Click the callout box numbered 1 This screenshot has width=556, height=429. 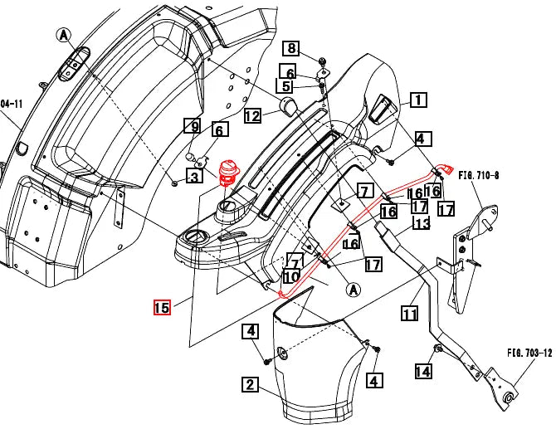click(417, 100)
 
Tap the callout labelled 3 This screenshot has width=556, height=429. click(193, 176)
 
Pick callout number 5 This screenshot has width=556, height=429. click(286, 85)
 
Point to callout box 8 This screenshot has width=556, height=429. click(292, 48)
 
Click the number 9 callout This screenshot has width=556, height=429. click(192, 127)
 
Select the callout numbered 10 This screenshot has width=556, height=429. click(290, 275)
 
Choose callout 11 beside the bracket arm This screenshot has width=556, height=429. click(409, 314)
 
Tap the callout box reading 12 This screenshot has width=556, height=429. click(252, 115)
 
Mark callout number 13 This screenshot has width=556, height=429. click(422, 224)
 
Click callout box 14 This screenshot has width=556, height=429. click(423, 371)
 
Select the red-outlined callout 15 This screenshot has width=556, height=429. click(162, 307)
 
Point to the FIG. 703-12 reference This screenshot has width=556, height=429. click(529, 353)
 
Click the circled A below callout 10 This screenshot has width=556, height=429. click(352, 290)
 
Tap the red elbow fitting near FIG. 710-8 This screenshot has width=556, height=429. click(446, 170)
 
